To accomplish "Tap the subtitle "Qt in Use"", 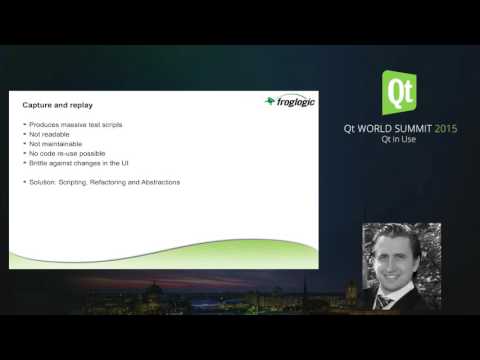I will point(399,141).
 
